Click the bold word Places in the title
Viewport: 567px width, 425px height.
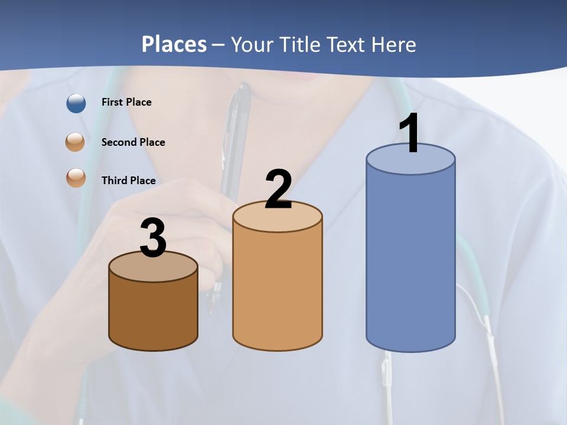click(174, 44)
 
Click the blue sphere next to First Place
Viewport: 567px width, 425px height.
click(76, 103)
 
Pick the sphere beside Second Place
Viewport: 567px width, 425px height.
click(76, 142)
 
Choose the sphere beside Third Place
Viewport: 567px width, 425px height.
click(76, 178)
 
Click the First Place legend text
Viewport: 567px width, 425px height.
click(126, 102)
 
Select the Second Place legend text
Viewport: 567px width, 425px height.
click(133, 142)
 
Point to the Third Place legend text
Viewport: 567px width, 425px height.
click(128, 181)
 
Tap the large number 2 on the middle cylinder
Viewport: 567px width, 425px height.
click(278, 189)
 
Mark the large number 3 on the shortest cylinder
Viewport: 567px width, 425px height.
click(153, 238)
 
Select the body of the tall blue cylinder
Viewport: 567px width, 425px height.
click(410, 260)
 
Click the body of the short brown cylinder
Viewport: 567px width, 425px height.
click(153, 313)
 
